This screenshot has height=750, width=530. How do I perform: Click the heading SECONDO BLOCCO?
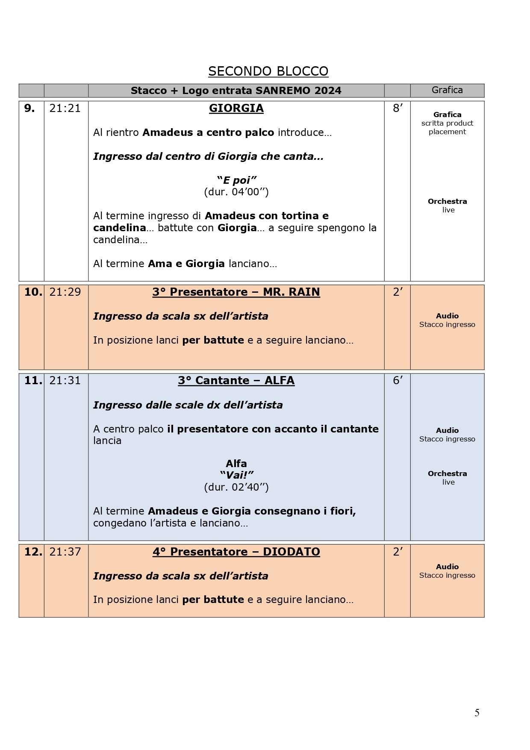268,71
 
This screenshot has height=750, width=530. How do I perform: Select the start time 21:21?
65,109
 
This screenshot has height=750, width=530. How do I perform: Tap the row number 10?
33,292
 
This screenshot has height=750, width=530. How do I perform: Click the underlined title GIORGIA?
236,109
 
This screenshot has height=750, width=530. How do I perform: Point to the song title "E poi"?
236,180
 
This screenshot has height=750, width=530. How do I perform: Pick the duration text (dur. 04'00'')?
236,192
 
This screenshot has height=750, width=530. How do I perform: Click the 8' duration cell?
397,109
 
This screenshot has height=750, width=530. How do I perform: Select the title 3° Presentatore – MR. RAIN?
236,292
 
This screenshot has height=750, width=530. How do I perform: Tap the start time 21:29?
65,292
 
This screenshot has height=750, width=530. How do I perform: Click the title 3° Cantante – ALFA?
236,381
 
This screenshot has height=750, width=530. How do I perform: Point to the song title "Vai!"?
236,475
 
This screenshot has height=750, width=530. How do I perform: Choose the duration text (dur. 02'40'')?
236,487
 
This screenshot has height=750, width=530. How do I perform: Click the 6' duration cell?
397,381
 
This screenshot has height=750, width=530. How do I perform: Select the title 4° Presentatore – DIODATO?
236,552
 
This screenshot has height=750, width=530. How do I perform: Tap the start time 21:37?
65,552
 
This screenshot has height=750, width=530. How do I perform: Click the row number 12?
33,552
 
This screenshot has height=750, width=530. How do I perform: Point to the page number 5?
477,712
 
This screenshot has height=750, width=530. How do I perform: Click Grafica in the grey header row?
447,90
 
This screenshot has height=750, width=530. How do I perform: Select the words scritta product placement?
447,127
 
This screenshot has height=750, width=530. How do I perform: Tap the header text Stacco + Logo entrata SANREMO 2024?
236,91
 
